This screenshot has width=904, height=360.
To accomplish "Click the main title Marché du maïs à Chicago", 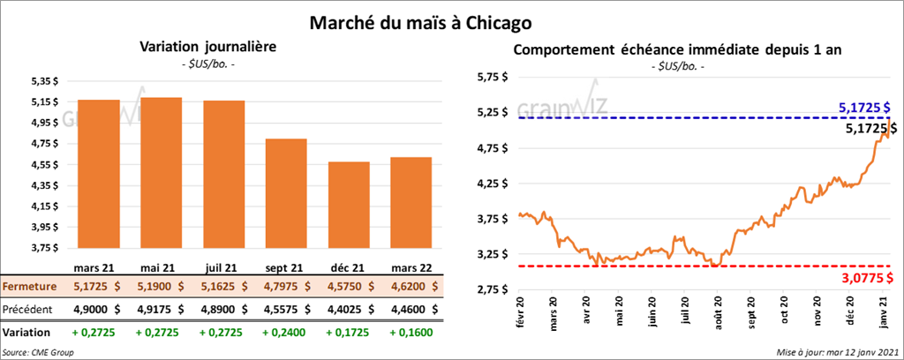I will (x=420, y=21).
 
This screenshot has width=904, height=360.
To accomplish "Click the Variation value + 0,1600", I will (x=410, y=333).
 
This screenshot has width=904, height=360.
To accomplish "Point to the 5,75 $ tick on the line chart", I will (x=492, y=78).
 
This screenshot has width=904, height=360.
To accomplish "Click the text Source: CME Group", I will (x=37, y=352).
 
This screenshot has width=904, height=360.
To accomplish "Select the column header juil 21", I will (x=223, y=266).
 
